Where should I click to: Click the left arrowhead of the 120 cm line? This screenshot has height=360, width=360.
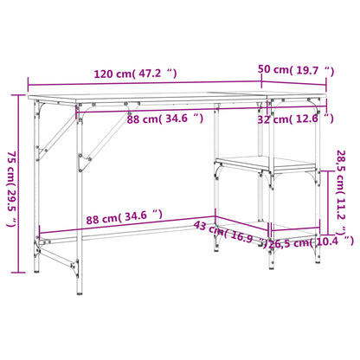[x=31, y=83]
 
